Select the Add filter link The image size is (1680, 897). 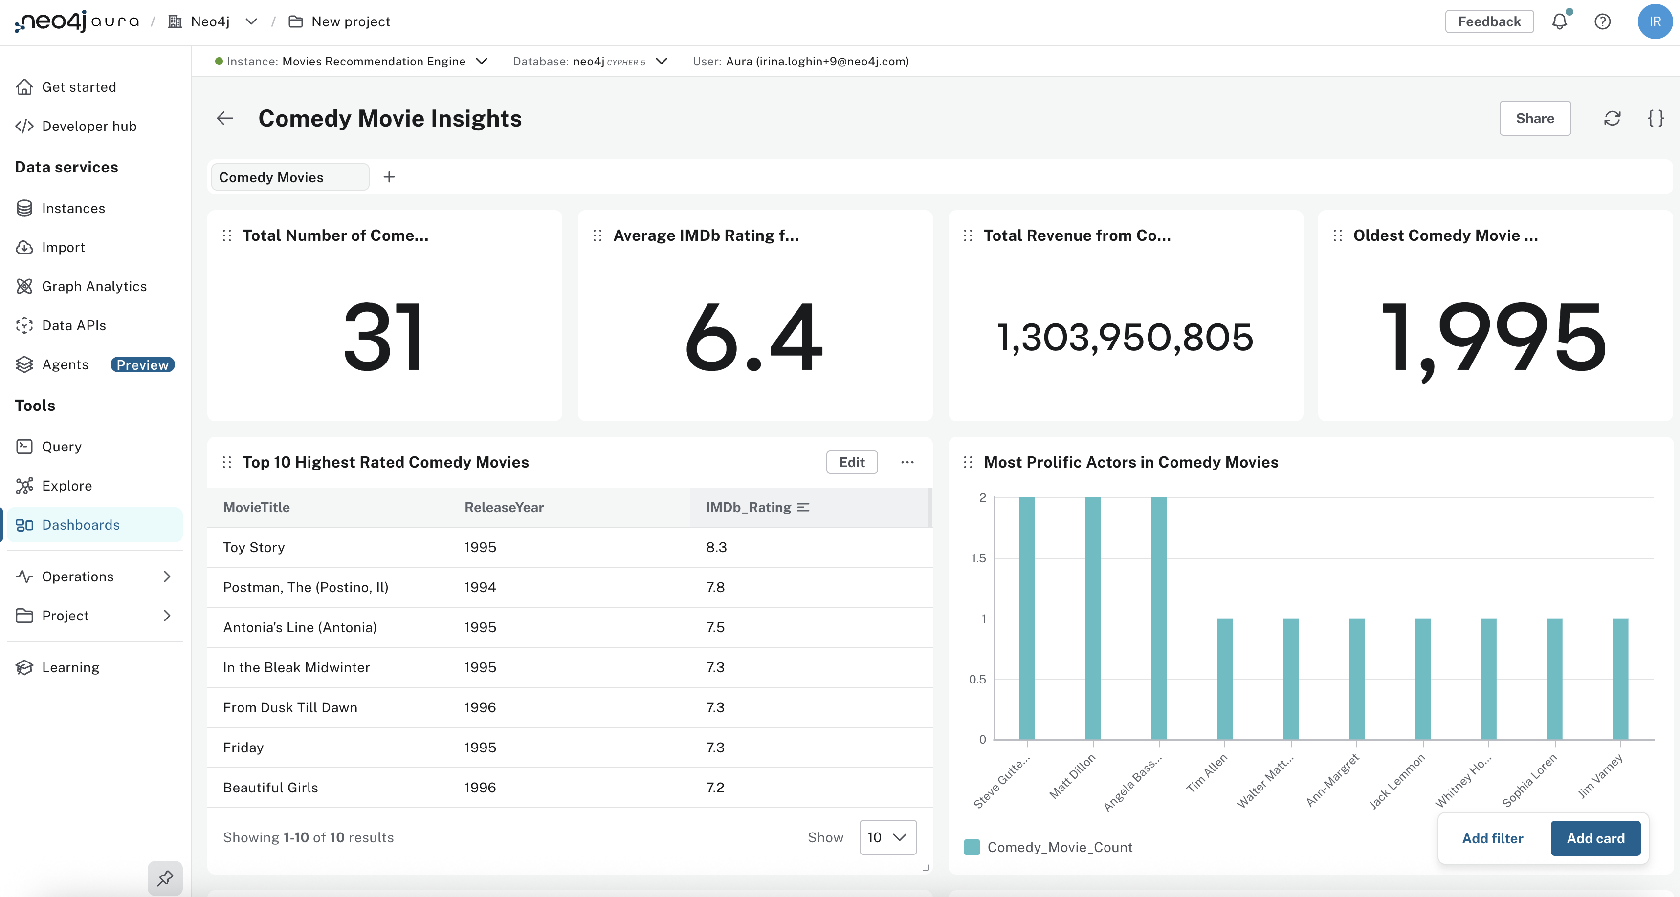[1492, 838]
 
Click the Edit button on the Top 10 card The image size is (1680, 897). [851, 462]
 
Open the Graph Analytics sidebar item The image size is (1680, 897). [94, 286]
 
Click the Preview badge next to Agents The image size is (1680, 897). [142, 364]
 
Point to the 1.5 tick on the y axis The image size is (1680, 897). [978, 558]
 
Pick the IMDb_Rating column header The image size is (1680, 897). [748, 507]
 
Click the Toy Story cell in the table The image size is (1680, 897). [254, 547]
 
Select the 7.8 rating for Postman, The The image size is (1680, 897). [715, 587]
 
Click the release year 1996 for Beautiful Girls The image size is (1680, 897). [480, 788]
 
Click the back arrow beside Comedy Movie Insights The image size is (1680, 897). [225, 118]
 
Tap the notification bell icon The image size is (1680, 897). [1559, 21]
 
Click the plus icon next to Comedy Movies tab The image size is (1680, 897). [389, 177]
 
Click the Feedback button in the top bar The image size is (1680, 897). [1488, 21]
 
